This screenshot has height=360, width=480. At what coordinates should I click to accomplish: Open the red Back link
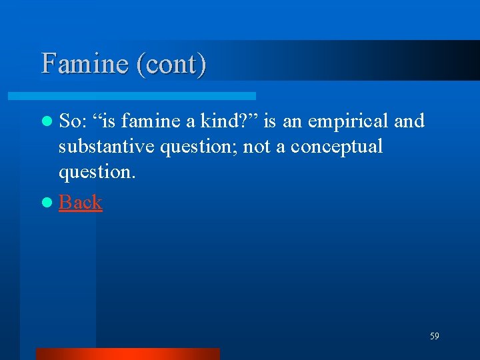click(x=80, y=202)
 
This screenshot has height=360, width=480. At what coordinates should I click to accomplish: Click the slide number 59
click(x=434, y=337)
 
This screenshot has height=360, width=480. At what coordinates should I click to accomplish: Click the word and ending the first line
click(x=409, y=121)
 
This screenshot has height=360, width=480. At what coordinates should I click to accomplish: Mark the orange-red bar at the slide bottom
click(x=127, y=354)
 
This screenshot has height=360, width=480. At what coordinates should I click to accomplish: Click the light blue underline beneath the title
click(x=147, y=96)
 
